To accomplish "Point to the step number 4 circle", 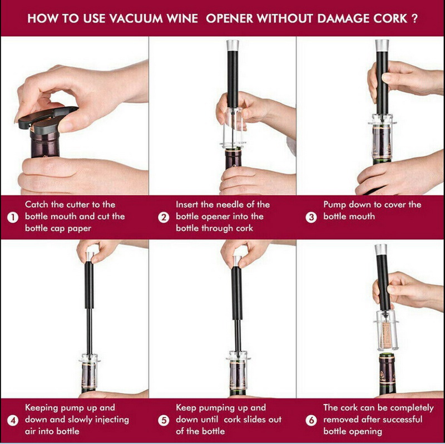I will [x=13, y=420].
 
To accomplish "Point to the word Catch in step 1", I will [x=37, y=205].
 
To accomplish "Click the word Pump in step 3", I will [x=335, y=205].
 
